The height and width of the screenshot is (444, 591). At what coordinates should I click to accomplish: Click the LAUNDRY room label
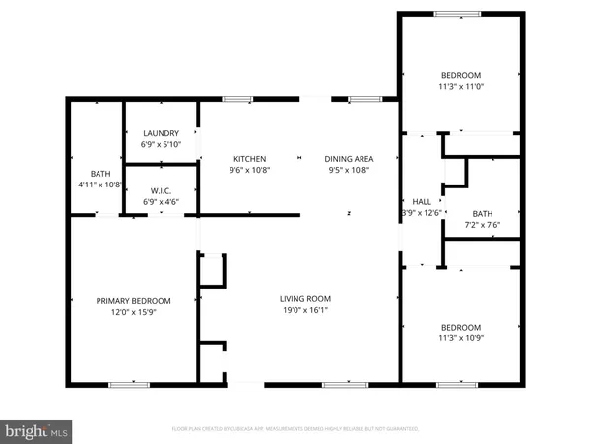pyautogui.click(x=161, y=133)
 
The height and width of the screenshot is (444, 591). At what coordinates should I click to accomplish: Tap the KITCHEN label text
pyautogui.click(x=249, y=159)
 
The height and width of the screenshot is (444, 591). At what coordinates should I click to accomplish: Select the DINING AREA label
pyautogui.click(x=349, y=159)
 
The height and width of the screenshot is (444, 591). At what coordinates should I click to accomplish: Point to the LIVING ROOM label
pyautogui.click(x=304, y=298)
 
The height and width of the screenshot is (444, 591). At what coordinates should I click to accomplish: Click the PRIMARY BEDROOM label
pyautogui.click(x=133, y=301)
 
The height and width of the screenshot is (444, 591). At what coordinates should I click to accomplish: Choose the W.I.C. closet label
pyautogui.click(x=162, y=190)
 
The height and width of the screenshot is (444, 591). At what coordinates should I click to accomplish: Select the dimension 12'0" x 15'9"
pyautogui.click(x=133, y=313)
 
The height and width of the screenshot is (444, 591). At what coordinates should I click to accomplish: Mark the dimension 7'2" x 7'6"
pyautogui.click(x=482, y=224)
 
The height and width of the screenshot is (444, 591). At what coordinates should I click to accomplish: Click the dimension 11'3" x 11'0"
pyautogui.click(x=460, y=87)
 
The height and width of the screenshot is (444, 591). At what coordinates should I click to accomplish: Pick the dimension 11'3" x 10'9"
pyautogui.click(x=460, y=339)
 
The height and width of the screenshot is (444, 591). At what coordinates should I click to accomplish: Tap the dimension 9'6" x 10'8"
pyautogui.click(x=249, y=170)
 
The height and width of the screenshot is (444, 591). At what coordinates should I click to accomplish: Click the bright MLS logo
pyautogui.click(x=37, y=430)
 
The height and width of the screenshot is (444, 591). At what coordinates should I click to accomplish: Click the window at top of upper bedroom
pyautogui.click(x=458, y=13)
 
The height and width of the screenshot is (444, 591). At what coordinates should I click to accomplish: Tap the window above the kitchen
pyautogui.click(x=236, y=98)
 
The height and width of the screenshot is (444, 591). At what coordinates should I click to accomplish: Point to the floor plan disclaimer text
pyautogui.click(x=295, y=429)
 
